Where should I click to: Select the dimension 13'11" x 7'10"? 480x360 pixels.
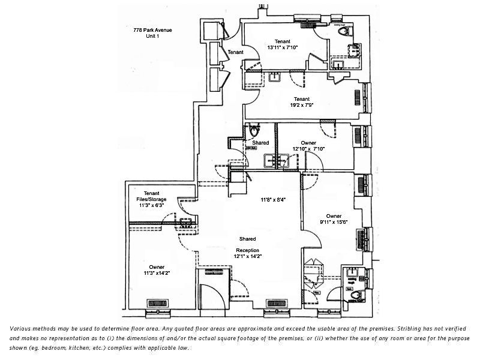click(282, 47)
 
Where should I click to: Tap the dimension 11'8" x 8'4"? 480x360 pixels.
click(272, 199)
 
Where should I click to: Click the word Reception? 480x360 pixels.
click(247, 250)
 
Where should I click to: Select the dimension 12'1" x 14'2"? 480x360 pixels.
click(248, 256)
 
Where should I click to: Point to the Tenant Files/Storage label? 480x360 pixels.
click(151, 196)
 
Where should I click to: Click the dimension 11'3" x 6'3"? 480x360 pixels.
click(151, 205)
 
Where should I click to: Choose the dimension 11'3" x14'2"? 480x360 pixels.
click(157, 273)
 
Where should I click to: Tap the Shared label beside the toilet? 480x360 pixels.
click(260, 143)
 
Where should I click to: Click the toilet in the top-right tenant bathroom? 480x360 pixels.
click(344, 32)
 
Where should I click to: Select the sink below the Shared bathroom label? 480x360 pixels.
click(277, 161)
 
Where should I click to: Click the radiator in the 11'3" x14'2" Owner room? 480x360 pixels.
click(157, 303)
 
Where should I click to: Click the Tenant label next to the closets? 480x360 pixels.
click(236, 52)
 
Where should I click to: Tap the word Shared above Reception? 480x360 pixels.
click(247, 239)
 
